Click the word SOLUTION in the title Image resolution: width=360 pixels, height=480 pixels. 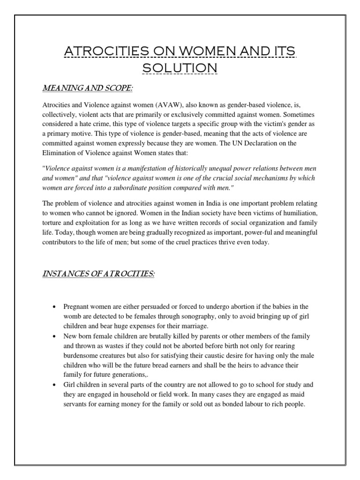coord(180,67)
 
